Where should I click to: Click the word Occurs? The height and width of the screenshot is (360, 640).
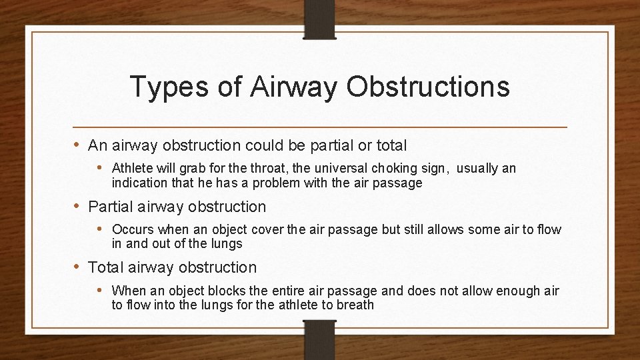[133, 229]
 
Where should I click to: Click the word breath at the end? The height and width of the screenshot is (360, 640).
[355, 305]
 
